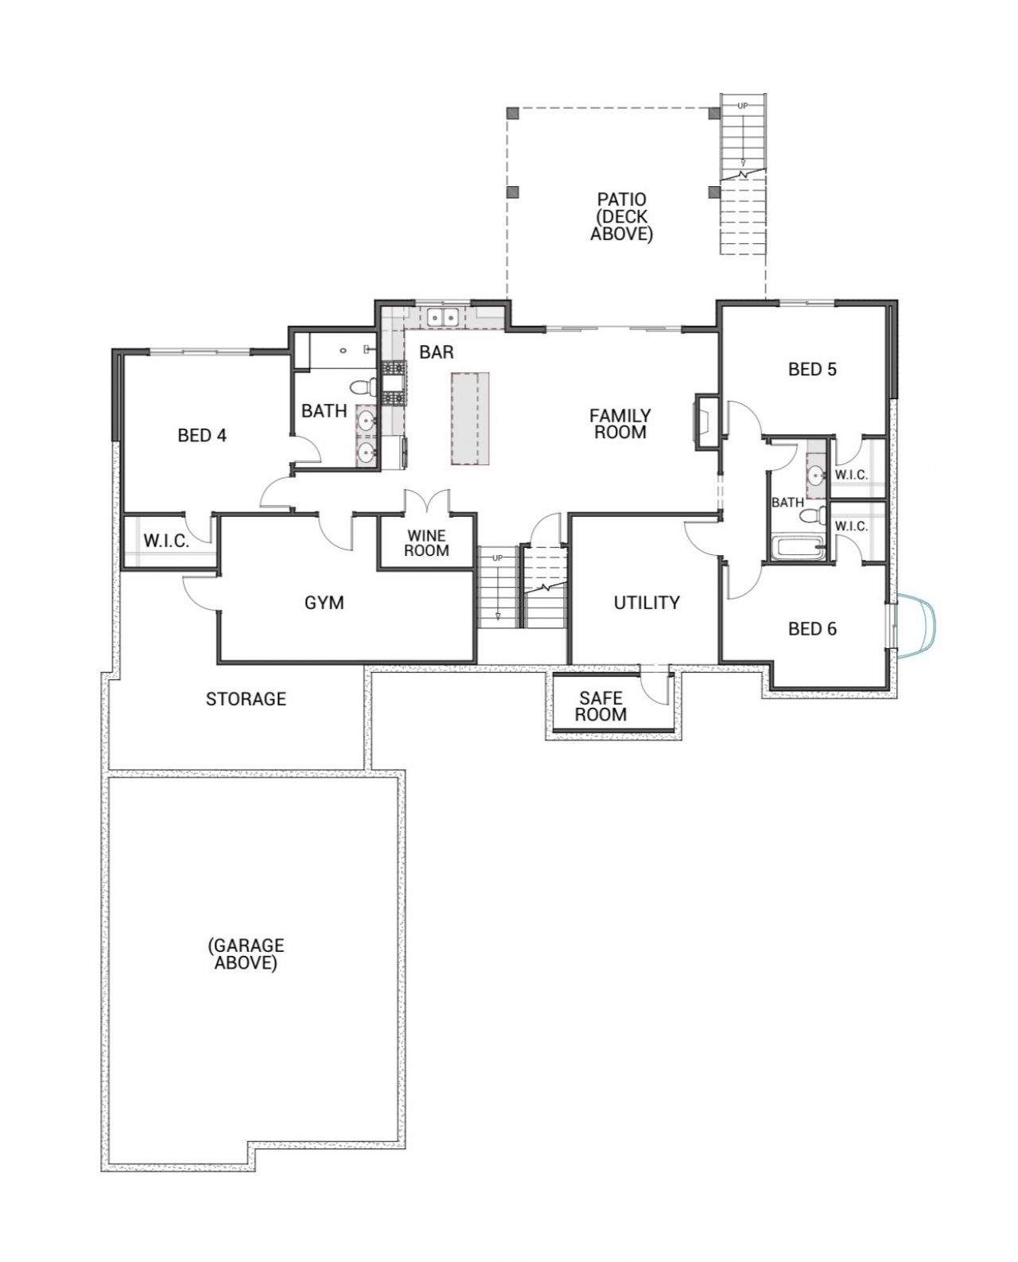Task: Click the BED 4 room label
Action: [202, 436]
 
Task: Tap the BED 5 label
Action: [812, 370]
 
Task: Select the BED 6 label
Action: [812, 629]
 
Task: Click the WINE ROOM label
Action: [426, 543]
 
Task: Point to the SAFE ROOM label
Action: [600, 706]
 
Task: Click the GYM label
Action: [324, 603]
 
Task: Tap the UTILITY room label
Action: [647, 603]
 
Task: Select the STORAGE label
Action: [246, 699]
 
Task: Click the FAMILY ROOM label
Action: [620, 424]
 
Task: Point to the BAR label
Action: [437, 351]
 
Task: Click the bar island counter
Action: [470, 419]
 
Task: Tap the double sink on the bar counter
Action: [442, 317]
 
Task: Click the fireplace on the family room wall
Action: [706, 422]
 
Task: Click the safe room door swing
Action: [654, 684]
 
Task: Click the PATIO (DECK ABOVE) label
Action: [621, 216]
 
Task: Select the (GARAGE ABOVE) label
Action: [246, 954]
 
